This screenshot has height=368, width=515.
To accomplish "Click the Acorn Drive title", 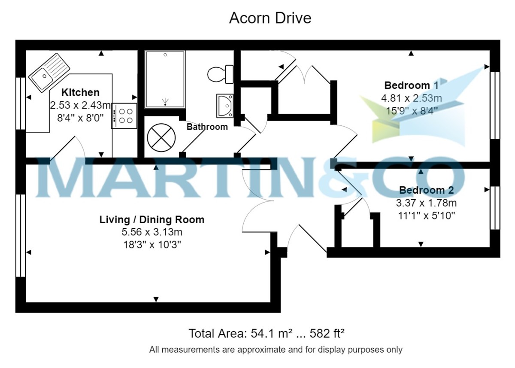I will point(270,18).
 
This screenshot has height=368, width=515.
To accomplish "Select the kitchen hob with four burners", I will point(124,116).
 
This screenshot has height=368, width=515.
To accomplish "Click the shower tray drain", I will point(165,102).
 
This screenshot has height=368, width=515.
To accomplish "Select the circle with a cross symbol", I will point(161,137).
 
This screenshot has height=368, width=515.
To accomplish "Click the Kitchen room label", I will point(80,92).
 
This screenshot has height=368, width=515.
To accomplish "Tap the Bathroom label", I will point(207,127).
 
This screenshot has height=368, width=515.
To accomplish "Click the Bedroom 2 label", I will point(426,190).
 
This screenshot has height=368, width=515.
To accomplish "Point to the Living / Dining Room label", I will point(152,220).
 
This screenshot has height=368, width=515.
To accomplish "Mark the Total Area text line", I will point(267,333).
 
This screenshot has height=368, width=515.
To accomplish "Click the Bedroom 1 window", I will point(495,105).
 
